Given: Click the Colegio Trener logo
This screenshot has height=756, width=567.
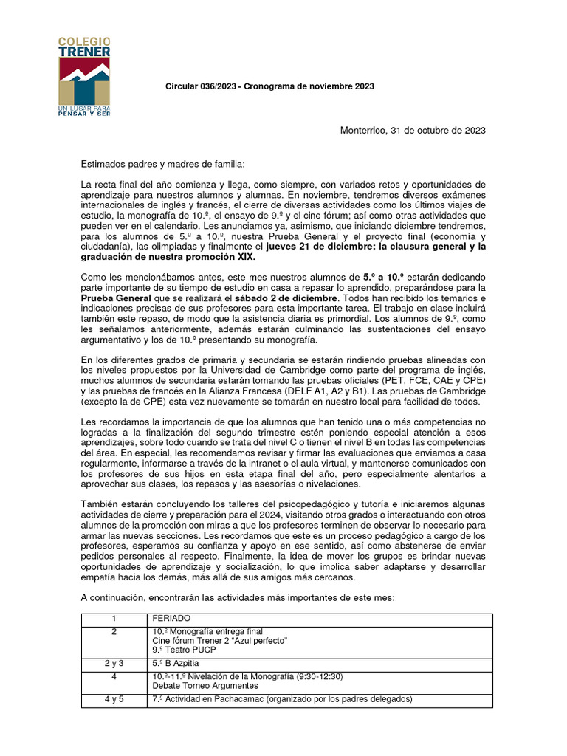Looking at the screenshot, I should tap(84, 70).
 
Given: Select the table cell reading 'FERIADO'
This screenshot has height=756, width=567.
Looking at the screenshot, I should tap(171, 618).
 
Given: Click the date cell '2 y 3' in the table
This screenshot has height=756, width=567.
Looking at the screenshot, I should tap(114, 663).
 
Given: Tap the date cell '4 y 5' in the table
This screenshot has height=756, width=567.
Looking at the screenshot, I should tap(114, 699).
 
